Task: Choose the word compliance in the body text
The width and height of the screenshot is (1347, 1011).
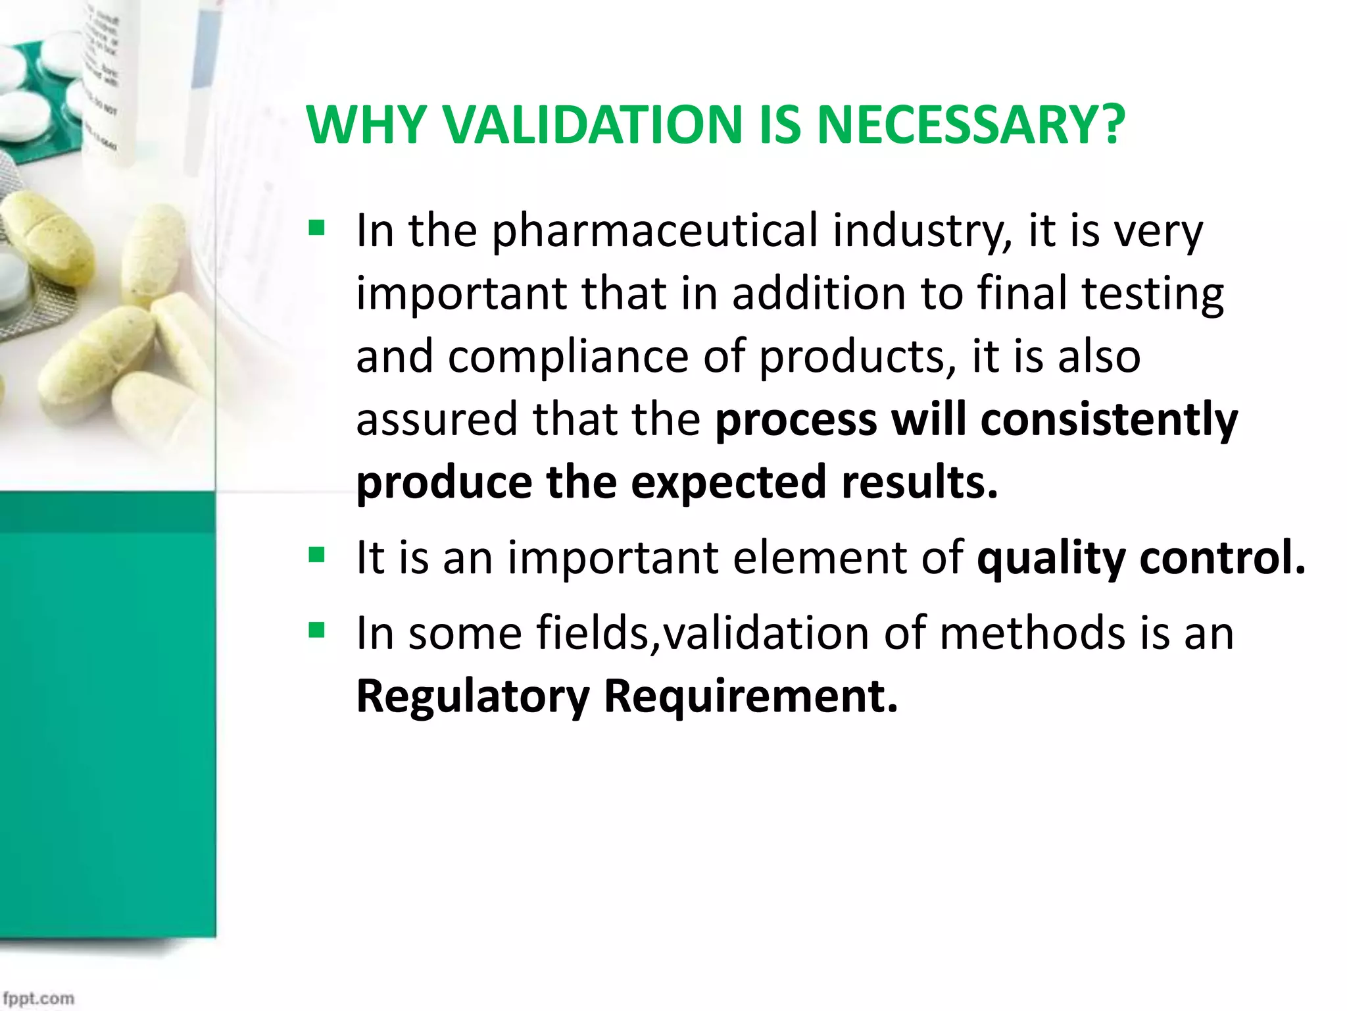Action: click(x=570, y=357)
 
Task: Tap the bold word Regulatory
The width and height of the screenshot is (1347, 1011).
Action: click(x=473, y=696)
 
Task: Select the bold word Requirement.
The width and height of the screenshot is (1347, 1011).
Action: click(x=750, y=696)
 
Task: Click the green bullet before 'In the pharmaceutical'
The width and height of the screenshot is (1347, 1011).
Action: click(x=317, y=228)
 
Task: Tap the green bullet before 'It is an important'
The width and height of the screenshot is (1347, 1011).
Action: click(x=317, y=556)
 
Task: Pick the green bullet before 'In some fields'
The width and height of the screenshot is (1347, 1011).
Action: click(x=317, y=631)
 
